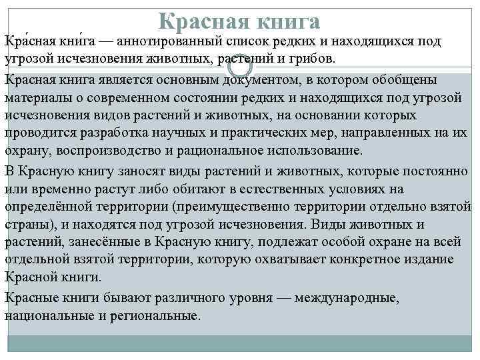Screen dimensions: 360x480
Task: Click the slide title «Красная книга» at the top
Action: (240, 20)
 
